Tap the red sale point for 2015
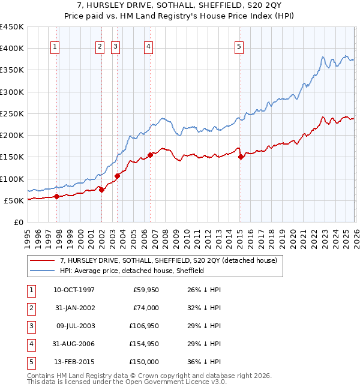[240, 157]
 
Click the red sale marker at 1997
[56, 196]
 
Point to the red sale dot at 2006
[150, 155]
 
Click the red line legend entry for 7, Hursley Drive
[168, 261]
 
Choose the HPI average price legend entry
[132, 271]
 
